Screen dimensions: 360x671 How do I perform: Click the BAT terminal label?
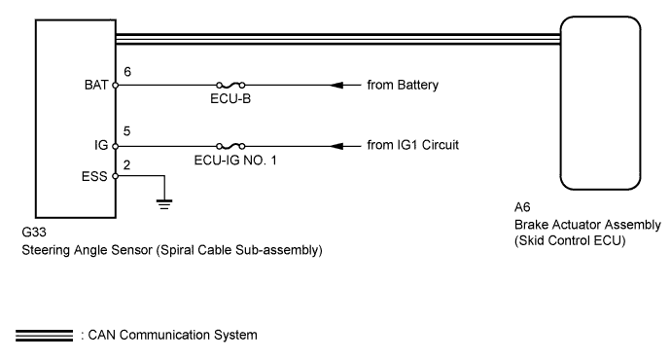(x=96, y=86)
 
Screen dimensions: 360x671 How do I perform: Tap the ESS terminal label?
(x=96, y=176)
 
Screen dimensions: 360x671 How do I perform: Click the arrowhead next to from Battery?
(x=340, y=86)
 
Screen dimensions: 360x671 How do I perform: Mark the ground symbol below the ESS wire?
(x=164, y=202)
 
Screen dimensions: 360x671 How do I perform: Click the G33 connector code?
(x=34, y=234)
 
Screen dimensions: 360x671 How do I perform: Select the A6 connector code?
(x=523, y=208)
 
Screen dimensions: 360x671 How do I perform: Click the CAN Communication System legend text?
(x=172, y=336)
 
